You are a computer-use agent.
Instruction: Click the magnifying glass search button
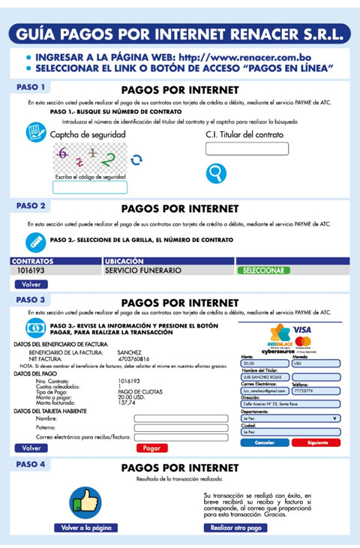tap(216, 174)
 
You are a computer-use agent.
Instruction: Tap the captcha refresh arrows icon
tap(136, 160)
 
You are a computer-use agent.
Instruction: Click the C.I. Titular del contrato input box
tap(235, 149)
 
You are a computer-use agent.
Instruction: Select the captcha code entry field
tap(90, 187)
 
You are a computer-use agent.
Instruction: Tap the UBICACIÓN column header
tap(123, 261)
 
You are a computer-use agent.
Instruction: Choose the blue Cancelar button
tap(265, 443)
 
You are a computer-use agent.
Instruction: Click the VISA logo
tap(303, 331)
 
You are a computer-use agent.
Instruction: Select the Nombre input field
tap(181, 418)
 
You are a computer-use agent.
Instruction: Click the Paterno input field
tap(181, 427)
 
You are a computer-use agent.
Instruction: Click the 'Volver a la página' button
tap(86, 528)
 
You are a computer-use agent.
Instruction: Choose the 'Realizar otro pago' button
tap(235, 528)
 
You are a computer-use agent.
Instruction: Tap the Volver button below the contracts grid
tap(31, 285)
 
